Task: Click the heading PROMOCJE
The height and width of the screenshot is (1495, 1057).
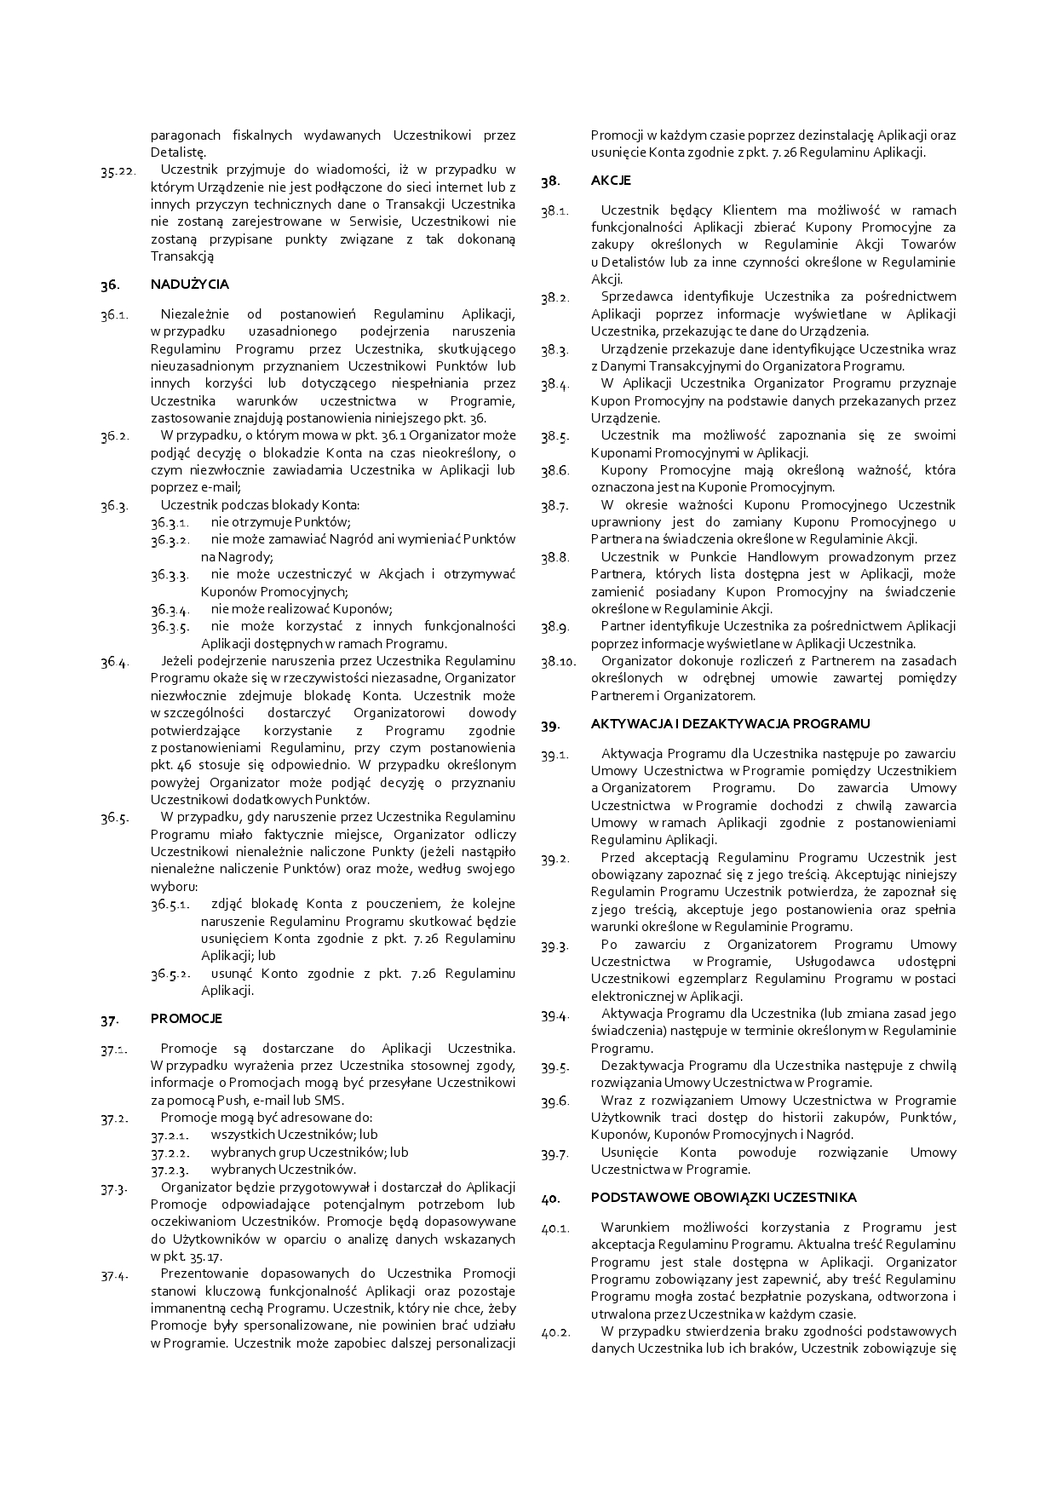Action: click(187, 1019)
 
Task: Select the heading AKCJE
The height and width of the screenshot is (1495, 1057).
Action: click(611, 181)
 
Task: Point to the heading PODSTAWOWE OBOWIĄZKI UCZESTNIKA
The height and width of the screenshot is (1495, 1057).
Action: click(723, 1198)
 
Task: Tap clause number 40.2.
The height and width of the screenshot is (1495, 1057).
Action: click(554, 1331)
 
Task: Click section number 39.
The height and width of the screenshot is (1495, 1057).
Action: click(549, 725)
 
